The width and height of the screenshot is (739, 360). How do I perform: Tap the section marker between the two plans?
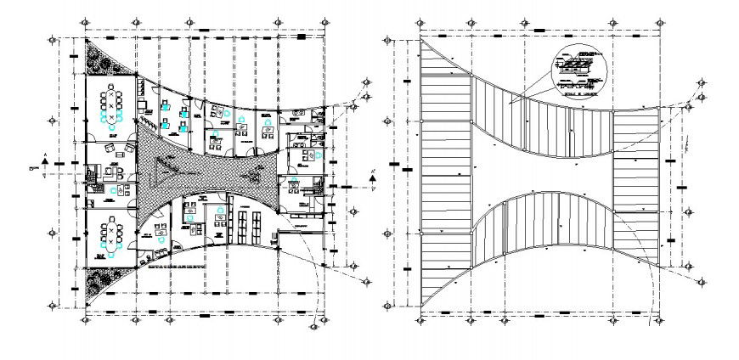[x=371, y=177]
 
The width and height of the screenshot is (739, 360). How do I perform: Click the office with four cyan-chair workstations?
[x=173, y=115]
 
